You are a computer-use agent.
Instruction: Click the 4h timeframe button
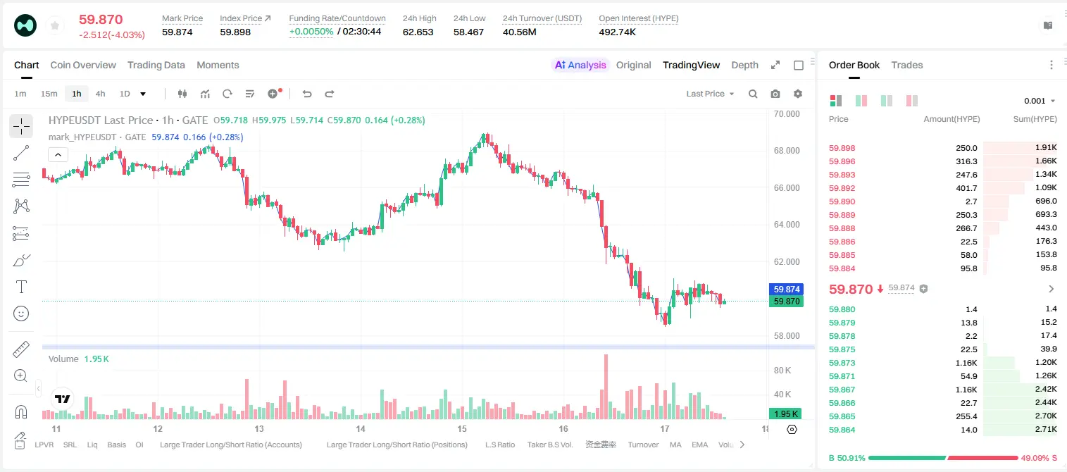click(x=100, y=94)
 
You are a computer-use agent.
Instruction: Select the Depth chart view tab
click(x=744, y=66)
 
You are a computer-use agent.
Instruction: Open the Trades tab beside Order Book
click(x=907, y=66)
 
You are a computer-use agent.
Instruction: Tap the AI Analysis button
click(x=580, y=66)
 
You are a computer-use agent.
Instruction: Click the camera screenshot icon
click(x=775, y=94)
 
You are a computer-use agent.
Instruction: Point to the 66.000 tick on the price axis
click(x=787, y=187)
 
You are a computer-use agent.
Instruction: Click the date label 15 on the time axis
click(x=461, y=428)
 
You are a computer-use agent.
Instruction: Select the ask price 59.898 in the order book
click(x=842, y=148)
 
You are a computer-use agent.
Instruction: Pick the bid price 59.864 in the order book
click(x=842, y=430)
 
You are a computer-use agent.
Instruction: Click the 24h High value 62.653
click(x=418, y=32)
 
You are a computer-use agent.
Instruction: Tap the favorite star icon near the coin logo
click(x=55, y=25)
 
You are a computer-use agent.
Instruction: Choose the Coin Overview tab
click(x=83, y=66)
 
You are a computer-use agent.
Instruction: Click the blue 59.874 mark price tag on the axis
click(x=787, y=289)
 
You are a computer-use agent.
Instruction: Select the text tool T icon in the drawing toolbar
click(x=21, y=287)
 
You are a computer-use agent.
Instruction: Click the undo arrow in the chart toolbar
click(x=307, y=94)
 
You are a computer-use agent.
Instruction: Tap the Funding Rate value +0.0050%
click(x=311, y=32)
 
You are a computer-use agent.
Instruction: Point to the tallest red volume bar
click(x=606, y=386)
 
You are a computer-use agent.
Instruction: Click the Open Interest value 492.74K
click(x=618, y=32)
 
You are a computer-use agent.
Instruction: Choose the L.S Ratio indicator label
click(x=499, y=445)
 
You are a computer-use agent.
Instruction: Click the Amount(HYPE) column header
click(x=951, y=119)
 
